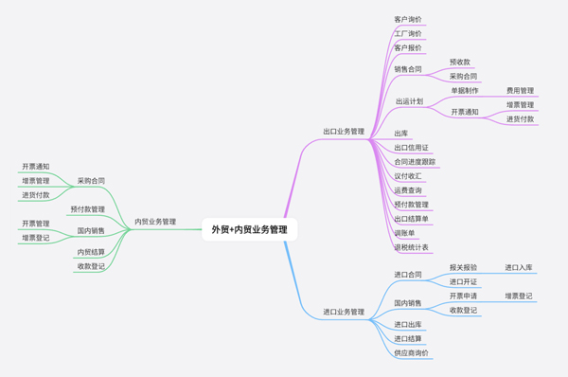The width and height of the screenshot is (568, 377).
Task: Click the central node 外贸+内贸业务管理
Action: [250, 228]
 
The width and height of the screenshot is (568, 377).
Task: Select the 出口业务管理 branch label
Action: [344, 132]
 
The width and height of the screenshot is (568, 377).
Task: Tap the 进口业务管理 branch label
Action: [344, 311]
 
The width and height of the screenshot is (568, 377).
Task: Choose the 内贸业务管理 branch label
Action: [155, 222]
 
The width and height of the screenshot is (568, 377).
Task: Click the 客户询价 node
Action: [408, 19]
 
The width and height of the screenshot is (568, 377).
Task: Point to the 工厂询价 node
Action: [408, 33]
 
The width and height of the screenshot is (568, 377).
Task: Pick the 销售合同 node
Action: [408, 68]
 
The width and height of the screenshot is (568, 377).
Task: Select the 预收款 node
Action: [460, 62]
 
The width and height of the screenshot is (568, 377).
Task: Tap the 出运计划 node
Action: [410, 101]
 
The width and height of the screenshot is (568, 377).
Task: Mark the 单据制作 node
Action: [465, 91]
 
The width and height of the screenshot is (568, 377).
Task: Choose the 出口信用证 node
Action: [412, 148]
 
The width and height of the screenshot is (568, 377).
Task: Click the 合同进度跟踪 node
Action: [415, 162]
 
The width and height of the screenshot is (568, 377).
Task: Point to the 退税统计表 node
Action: [412, 247]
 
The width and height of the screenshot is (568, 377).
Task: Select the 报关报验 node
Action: [463, 268]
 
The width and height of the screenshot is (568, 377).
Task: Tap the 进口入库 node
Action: [519, 268]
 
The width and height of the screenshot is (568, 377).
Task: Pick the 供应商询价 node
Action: [412, 352]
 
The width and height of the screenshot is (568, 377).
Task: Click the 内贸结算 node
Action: [91, 252]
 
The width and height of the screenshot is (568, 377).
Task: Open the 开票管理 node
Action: [36, 224]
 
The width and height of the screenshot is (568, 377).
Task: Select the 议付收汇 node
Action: [408, 176]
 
